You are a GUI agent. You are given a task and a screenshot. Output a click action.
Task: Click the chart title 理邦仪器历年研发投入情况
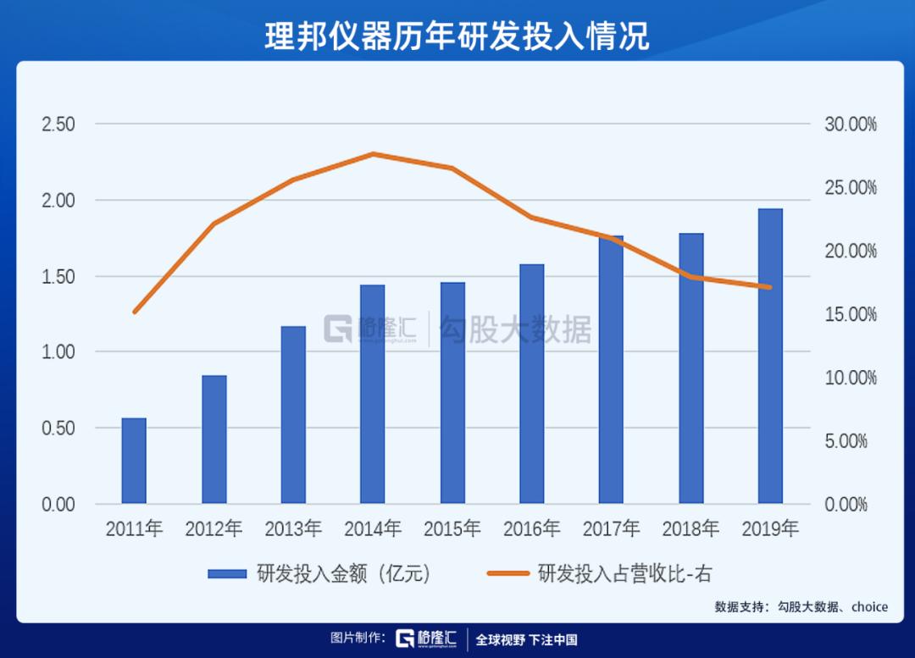(x=457, y=36)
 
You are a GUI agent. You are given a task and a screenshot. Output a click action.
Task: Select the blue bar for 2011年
(x=134, y=461)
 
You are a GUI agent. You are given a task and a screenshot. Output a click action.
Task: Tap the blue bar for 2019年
(x=770, y=356)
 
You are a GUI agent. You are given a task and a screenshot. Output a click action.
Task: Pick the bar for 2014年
(x=373, y=394)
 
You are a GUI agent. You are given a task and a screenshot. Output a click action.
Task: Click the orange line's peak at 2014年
(x=373, y=154)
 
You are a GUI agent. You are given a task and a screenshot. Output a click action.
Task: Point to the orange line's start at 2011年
(x=134, y=312)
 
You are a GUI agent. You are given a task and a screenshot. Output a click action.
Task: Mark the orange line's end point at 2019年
(x=770, y=287)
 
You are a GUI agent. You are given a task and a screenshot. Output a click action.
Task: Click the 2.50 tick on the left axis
(x=58, y=124)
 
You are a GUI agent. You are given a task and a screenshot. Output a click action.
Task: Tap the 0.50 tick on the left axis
(x=58, y=429)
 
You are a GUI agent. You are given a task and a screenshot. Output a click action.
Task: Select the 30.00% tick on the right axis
(x=851, y=124)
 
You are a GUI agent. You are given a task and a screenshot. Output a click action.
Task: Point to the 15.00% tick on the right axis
(x=851, y=314)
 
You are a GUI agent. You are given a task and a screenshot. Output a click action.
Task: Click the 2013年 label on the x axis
(x=293, y=529)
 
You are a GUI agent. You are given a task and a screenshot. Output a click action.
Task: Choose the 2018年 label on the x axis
(x=690, y=529)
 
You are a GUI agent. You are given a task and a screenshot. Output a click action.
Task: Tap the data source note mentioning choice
(x=801, y=606)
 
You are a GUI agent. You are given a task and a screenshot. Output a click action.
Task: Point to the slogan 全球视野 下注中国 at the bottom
(x=526, y=639)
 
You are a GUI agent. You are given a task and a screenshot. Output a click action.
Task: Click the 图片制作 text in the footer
(x=358, y=639)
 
